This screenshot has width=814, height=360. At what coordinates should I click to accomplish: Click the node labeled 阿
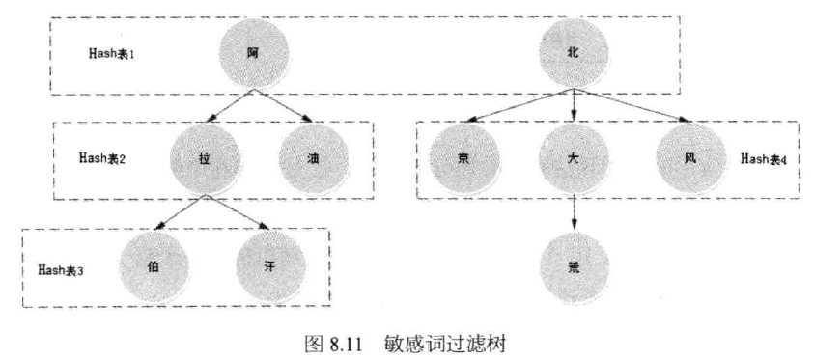[x=252, y=53]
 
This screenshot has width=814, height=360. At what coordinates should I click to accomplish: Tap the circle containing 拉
[x=204, y=159]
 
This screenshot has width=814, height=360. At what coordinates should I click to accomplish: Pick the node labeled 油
[x=314, y=159]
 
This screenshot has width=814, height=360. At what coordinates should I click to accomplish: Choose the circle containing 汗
[x=269, y=265]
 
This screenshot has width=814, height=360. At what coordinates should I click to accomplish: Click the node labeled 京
[x=464, y=159]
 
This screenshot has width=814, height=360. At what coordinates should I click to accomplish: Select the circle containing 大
[x=575, y=159]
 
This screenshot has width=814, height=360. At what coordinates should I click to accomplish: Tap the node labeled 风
[x=689, y=158]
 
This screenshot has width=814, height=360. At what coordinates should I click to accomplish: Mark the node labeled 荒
[x=575, y=265]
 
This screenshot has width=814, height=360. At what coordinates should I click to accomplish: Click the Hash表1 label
[x=112, y=53]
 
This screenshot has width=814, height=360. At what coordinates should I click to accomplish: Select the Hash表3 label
[x=61, y=269]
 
